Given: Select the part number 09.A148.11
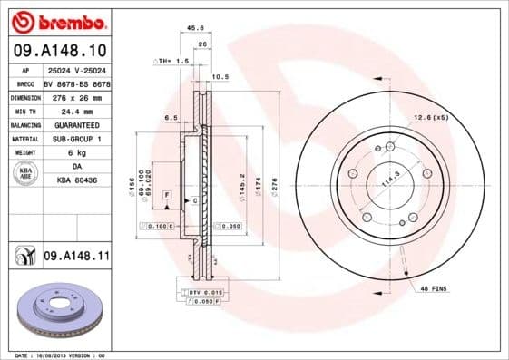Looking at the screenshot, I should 76,258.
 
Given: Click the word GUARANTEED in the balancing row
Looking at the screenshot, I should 73,124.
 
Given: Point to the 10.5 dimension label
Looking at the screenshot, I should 219,77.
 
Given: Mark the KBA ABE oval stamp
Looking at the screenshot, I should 24,174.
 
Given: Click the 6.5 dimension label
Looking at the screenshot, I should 171,118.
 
